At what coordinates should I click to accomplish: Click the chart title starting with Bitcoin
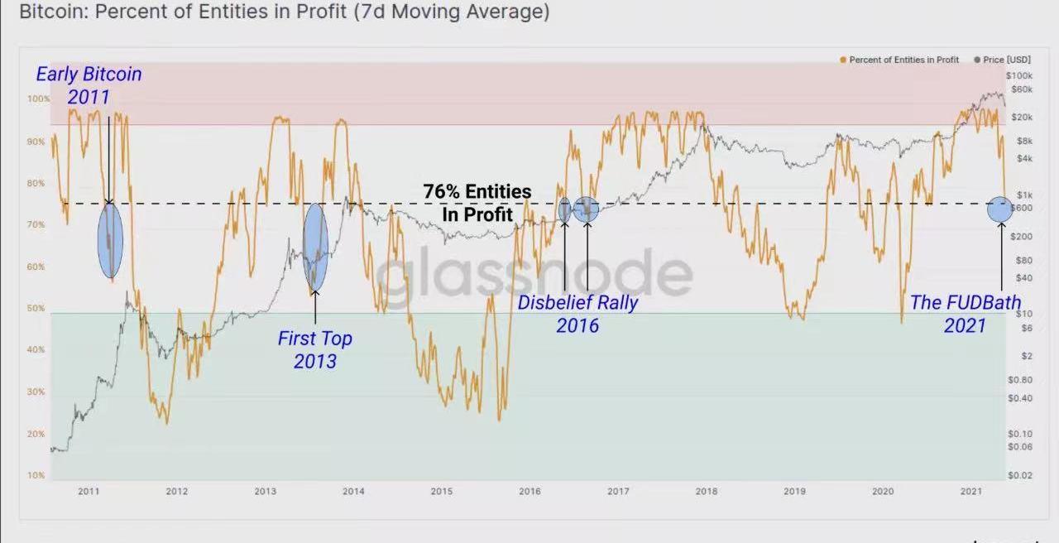284,12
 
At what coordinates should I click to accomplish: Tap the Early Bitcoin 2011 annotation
89,85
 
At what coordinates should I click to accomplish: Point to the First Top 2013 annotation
314,349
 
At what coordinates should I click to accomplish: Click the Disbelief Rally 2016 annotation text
577,314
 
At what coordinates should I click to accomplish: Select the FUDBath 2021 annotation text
966,314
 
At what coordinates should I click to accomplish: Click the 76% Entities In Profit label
477,203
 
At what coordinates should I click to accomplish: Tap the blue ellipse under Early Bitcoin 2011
110,239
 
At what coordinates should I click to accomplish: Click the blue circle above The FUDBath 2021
999,209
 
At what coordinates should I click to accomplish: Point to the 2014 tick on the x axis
353,491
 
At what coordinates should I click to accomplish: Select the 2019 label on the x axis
794,491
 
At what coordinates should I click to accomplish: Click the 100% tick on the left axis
38,99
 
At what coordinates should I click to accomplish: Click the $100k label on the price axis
1019,76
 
